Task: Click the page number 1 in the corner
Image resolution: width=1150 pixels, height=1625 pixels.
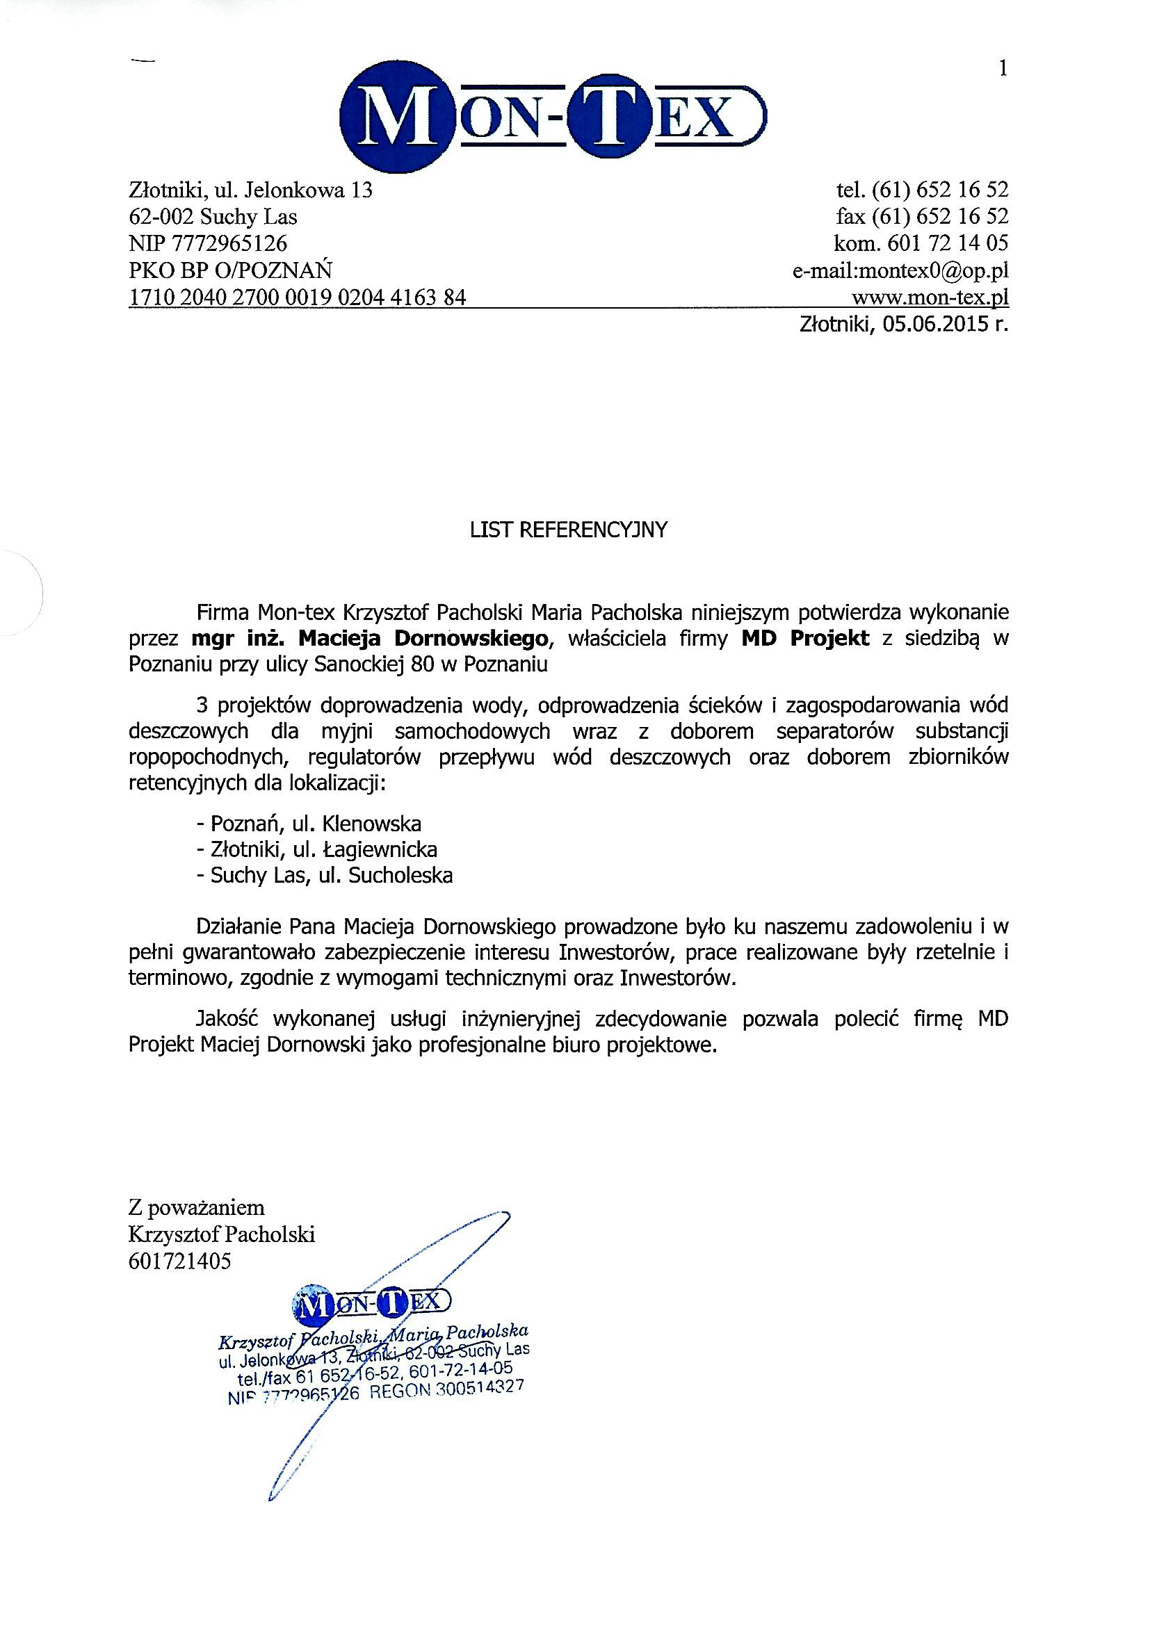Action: (x=1002, y=69)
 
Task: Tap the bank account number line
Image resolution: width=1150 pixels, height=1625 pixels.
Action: (x=298, y=297)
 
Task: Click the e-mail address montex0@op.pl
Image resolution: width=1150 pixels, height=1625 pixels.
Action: (x=900, y=270)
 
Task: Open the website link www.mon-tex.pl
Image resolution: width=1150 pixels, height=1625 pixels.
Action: (x=930, y=297)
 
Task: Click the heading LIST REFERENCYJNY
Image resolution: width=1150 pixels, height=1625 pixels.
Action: (x=569, y=530)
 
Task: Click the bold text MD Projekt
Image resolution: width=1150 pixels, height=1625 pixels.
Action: (x=805, y=638)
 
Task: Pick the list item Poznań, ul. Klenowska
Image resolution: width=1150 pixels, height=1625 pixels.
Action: (x=309, y=824)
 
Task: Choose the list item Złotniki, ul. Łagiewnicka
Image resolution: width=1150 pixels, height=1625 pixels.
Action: (x=317, y=849)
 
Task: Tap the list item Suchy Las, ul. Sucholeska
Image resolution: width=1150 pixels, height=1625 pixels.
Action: (x=325, y=876)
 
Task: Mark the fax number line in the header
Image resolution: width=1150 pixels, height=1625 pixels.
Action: (x=922, y=217)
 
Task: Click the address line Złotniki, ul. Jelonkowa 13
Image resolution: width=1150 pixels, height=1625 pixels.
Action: (x=251, y=190)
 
